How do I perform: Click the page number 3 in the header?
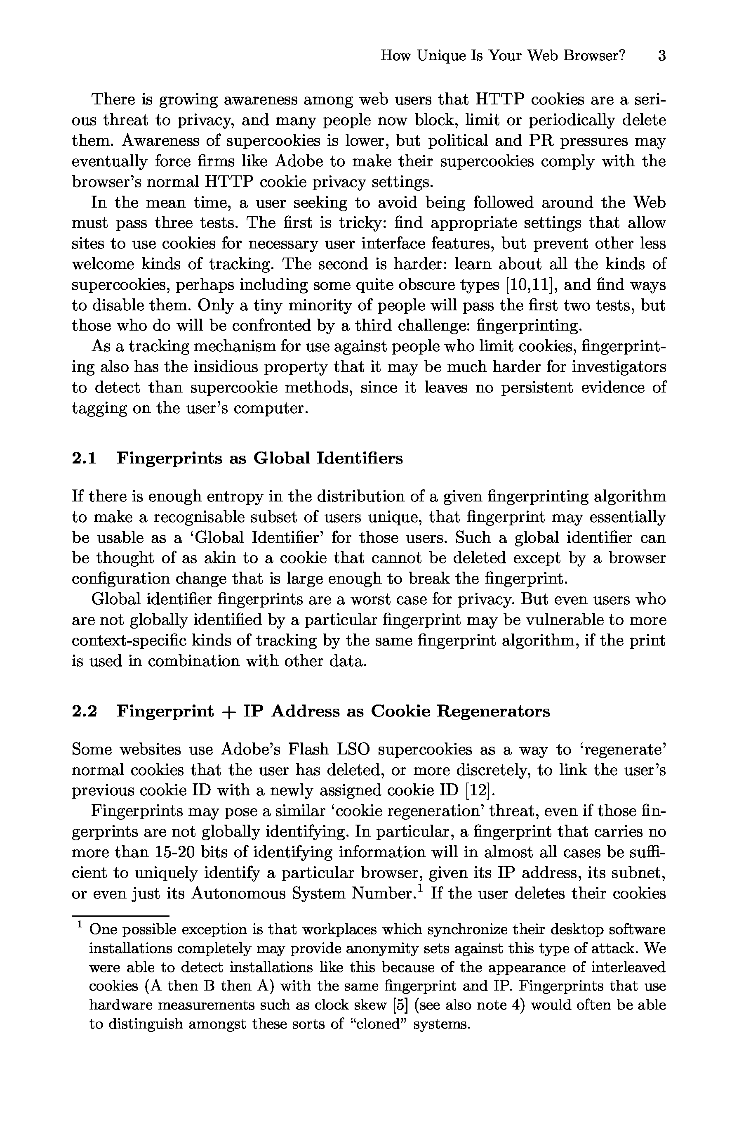tap(661, 56)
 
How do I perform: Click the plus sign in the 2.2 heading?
tap(229, 712)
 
